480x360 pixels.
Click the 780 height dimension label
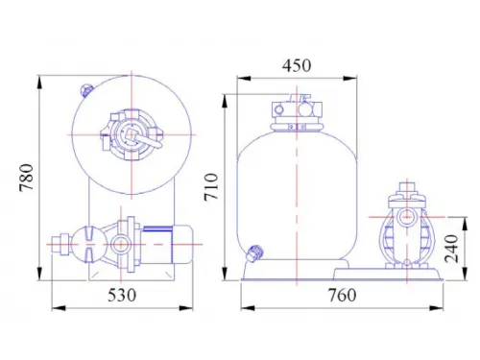point(26,178)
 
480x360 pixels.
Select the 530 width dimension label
point(122,295)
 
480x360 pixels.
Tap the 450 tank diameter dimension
point(297,65)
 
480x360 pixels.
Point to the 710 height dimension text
point(211,187)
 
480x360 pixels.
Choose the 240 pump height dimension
point(452,249)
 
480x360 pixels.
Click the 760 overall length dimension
point(342,295)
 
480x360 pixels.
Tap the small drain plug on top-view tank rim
point(86,90)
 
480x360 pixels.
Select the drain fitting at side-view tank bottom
point(254,252)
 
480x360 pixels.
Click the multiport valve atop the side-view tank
point(297,112)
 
